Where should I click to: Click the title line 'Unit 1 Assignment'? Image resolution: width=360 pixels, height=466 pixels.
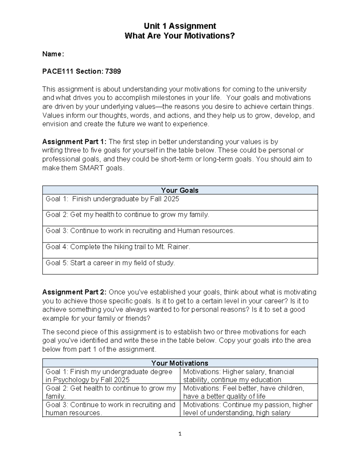point(180,26)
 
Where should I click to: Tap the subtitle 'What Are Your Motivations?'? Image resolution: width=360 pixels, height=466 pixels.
point(180,36)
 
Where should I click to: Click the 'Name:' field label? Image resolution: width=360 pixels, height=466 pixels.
point(53,54)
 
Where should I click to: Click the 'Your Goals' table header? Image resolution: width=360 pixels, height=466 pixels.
point(180,190)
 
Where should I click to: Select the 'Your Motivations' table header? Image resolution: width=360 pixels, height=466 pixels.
point(180,363)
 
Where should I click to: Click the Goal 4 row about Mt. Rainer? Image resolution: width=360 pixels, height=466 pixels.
point(118,247)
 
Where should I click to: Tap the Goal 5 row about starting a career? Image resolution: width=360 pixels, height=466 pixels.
point(110,263)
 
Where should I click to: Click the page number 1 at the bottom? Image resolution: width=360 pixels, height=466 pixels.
point(180,434)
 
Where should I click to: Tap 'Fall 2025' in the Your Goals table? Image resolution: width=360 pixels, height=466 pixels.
point(165,199)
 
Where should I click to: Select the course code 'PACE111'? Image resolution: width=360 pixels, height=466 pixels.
point(58,71)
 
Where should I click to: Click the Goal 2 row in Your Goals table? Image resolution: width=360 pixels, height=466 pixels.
point(127,215)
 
